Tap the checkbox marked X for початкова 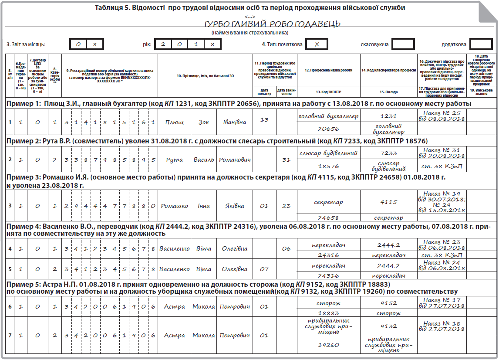point(317,44)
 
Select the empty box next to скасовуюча point(403,44)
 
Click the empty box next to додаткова point(481,44)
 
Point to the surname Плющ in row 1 point(174,122)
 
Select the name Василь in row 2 point(203,160)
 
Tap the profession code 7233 point(388,153)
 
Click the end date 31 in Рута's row point(286,160)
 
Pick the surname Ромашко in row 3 point(174,206)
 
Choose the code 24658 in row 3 point(328,217)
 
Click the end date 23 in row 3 point(286,206)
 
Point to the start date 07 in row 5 point(264,269)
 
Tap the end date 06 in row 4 point(286,248)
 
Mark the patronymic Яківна point(234,206)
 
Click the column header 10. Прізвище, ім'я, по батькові point(205,76)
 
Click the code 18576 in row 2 point(328,166)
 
